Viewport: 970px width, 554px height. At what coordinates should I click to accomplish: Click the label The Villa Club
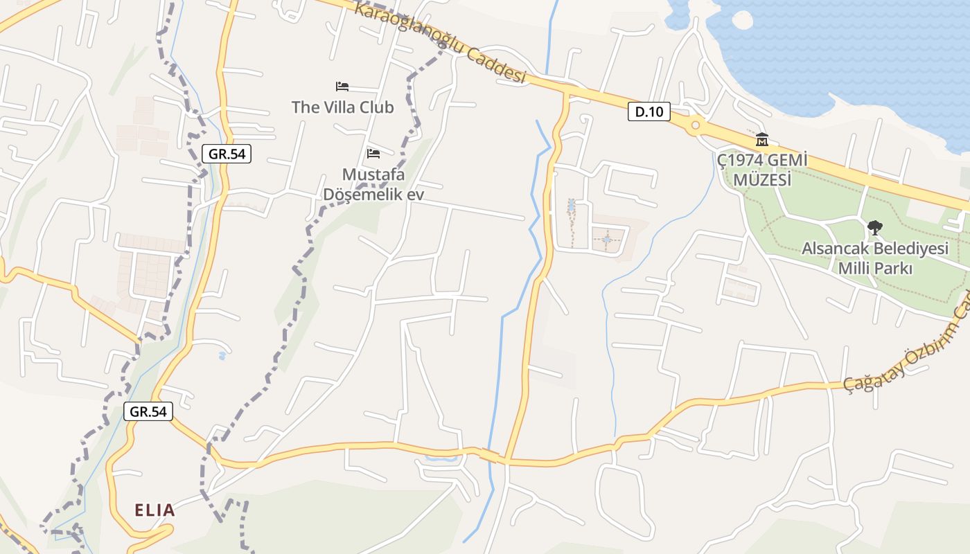(x=342, y=107)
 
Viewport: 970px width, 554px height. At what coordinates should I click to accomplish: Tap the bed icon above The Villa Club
(x=342, y=87)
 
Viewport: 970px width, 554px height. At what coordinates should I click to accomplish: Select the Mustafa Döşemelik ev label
(x=373, y=184)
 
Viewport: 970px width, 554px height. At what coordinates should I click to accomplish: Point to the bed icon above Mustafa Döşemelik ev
(x=373, y=153)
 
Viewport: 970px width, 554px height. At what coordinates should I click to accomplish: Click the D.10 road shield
(x=649, y=111)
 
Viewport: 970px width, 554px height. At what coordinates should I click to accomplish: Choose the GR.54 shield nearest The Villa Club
(x=227, y=154)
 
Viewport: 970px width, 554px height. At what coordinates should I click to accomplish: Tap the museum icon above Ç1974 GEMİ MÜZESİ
(x=762, y=139)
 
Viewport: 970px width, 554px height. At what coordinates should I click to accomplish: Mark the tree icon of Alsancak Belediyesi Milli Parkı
(x=875, y=227)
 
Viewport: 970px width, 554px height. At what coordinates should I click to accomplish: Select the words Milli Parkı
(x=875, y=268)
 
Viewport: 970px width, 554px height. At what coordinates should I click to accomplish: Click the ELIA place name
(x=155, y=511)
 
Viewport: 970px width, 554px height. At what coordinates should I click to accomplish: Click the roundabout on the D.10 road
(x=695, y=125)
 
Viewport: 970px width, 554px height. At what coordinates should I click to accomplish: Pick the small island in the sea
(x=741, y=20)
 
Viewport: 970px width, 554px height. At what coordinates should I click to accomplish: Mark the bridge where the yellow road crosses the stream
(x=491, y=456)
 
